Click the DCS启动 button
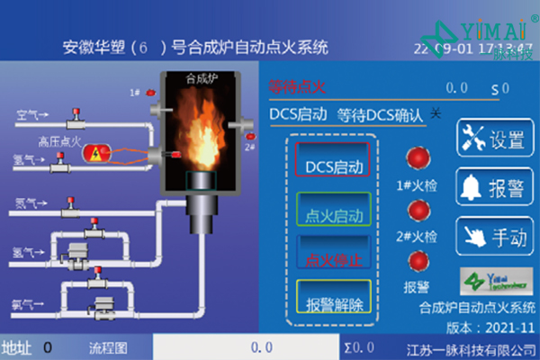[x=333, y=166]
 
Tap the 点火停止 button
[x=333, y=257]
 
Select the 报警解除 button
[x=333, y=303]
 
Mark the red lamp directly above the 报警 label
[x=418, y=262]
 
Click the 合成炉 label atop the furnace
[x=203, y=79]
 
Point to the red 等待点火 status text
[x=296, y=87]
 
